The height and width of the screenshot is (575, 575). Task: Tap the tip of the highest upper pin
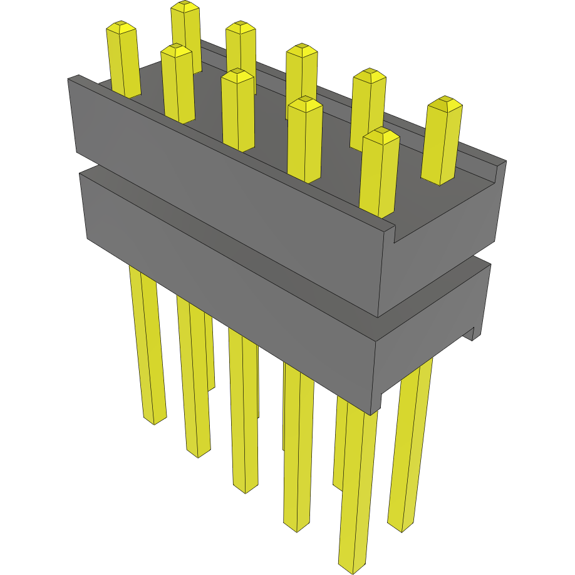point(185,7)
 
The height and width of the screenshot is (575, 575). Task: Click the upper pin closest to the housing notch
point(380,169)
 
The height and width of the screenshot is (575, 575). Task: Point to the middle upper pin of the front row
point(238,110)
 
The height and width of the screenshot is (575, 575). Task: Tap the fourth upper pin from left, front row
point(304,138)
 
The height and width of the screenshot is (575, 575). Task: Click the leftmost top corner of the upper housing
point(75,78)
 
